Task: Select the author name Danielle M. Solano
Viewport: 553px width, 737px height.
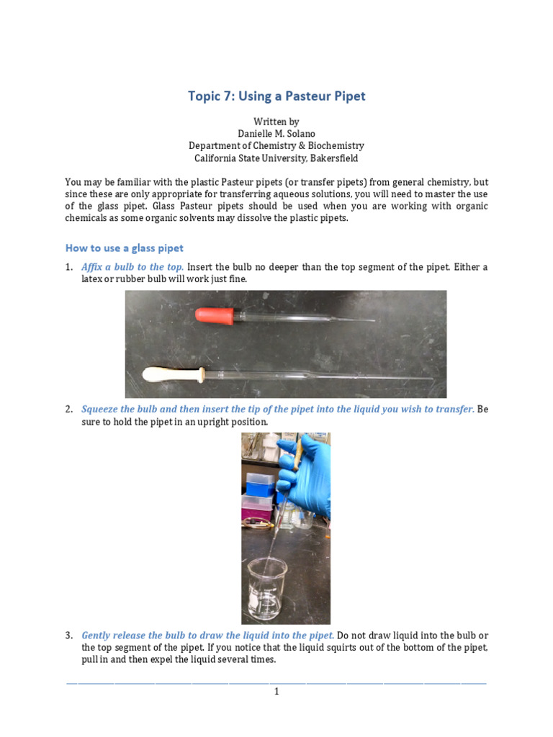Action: click(276, 133)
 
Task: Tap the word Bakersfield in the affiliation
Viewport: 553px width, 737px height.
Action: click(334, 158)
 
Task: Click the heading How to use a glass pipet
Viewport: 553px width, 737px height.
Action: click(124, 248)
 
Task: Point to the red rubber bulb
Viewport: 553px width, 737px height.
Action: click(215, 316)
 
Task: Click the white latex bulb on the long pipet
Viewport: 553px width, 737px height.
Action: click(174, 374)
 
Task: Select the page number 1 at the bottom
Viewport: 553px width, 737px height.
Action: click(276, 692)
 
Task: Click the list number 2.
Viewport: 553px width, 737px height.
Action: click(68, 410)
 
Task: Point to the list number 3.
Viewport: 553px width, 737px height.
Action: click(68, 636)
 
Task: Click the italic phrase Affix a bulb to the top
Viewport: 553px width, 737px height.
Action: click(132, 267)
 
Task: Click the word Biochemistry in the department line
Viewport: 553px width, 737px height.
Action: click(336, 145)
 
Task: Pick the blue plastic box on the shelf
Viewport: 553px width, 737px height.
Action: click(259, 484)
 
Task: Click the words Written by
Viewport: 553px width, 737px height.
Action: click(276, 122)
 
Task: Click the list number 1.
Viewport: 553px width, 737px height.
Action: click(68, 267)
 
